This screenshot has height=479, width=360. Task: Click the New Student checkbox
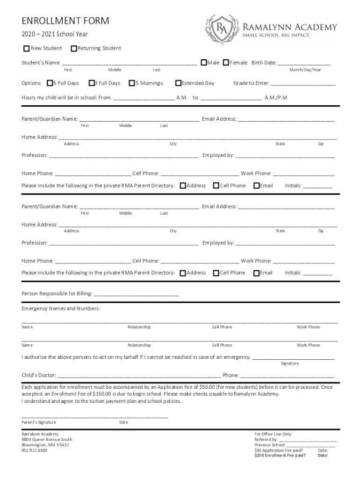(x=27, y=49)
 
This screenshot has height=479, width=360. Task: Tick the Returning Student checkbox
(x=73, y=49)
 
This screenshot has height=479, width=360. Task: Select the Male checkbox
(x=204, y=63)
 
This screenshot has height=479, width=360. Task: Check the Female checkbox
(x=226, y=63)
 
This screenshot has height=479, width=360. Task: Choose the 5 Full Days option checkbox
(x=50, y=83)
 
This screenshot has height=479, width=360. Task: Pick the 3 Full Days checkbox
(x=91, y=83)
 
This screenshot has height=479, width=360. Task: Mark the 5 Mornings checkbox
(x=132, y=83)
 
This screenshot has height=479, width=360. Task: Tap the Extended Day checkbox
(x=178, y=83)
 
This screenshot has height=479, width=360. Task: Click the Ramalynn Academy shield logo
(x=221, y=29)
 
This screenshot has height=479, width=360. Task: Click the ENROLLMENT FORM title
(x=65, y=21)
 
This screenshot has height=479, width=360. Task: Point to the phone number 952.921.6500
(x=34, y=450)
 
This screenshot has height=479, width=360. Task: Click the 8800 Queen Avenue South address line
(x=47, y=439)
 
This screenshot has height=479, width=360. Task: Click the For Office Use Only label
(x=273, y=434)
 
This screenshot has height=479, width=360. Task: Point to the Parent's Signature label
(x=39, y=422)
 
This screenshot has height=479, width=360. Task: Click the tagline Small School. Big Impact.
(x=276, y=36)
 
